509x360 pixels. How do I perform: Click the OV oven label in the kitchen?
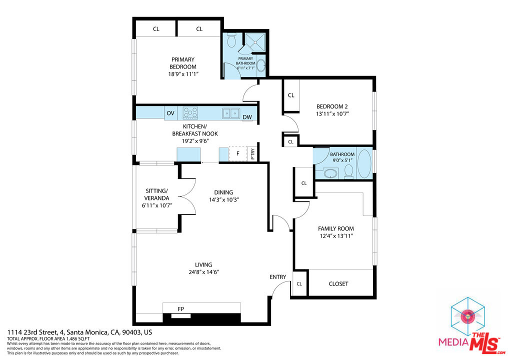coord(170,113)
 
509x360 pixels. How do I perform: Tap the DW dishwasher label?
coord(247,118)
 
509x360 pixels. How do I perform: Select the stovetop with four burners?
coord(190,112)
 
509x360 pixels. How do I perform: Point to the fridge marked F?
coord(237,153)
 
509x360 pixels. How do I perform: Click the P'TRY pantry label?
coord(252,154)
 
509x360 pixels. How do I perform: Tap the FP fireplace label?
coord(180,309)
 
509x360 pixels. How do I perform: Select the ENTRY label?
coord(278,277)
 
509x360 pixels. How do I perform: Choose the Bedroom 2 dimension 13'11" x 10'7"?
coord(332,113)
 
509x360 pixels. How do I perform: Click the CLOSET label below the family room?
coord(338,284)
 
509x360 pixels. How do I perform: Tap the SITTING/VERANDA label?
coord(156,194)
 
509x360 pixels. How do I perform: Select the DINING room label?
coord(223,192)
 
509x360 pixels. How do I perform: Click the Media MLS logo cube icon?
coord(468,316)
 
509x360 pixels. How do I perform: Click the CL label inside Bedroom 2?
coord(291,95)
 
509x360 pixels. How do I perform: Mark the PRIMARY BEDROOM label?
coord(182,63)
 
